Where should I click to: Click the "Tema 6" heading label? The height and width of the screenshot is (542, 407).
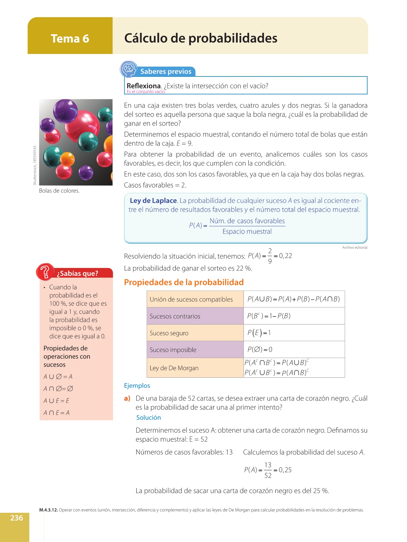70,39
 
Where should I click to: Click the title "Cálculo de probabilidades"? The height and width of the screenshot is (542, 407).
200,38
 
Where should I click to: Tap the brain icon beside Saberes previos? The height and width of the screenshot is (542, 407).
129,69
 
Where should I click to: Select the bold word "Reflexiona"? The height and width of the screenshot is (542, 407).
144,86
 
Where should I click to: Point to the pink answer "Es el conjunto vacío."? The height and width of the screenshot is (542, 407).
146,92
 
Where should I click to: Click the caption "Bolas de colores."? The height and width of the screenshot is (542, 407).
59,191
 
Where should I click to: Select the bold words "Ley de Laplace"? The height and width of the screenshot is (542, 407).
153,201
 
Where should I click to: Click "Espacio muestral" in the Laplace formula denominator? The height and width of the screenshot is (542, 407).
247,231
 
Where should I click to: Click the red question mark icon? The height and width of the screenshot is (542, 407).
45,272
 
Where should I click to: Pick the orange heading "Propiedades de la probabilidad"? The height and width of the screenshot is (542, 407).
184,282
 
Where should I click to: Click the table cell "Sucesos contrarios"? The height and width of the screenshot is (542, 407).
175,316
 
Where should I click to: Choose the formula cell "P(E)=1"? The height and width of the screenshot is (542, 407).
259,333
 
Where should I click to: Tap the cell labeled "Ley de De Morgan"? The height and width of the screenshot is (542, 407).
174,368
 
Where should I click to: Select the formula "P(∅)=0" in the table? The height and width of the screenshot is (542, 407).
260,349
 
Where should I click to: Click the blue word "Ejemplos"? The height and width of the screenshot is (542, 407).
137,385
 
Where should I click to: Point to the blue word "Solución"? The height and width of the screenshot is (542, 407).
148,417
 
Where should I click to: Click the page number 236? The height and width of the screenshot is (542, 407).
17,518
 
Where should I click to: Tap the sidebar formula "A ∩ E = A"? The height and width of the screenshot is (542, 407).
56,413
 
